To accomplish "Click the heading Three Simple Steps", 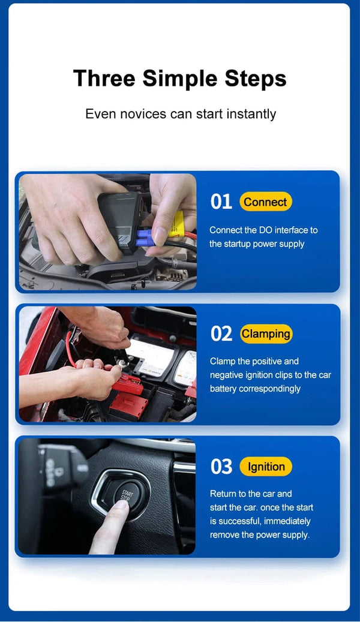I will click(x=179, y=79).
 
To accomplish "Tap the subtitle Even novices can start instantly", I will click(x=180, y=113).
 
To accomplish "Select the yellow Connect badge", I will click(x=265, y=202).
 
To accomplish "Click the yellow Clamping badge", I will click(x=266, y=334).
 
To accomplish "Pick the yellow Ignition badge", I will click(x=266, y=467).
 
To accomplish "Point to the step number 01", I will click(x=221, y=202).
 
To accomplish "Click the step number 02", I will click(x=221, y=334).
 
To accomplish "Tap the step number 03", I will click(x=221, y=467).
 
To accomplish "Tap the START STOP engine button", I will click(x=127, y=496).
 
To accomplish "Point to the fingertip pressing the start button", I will click(x=120, y=507).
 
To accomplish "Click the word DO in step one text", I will click(x=266, y=230).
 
